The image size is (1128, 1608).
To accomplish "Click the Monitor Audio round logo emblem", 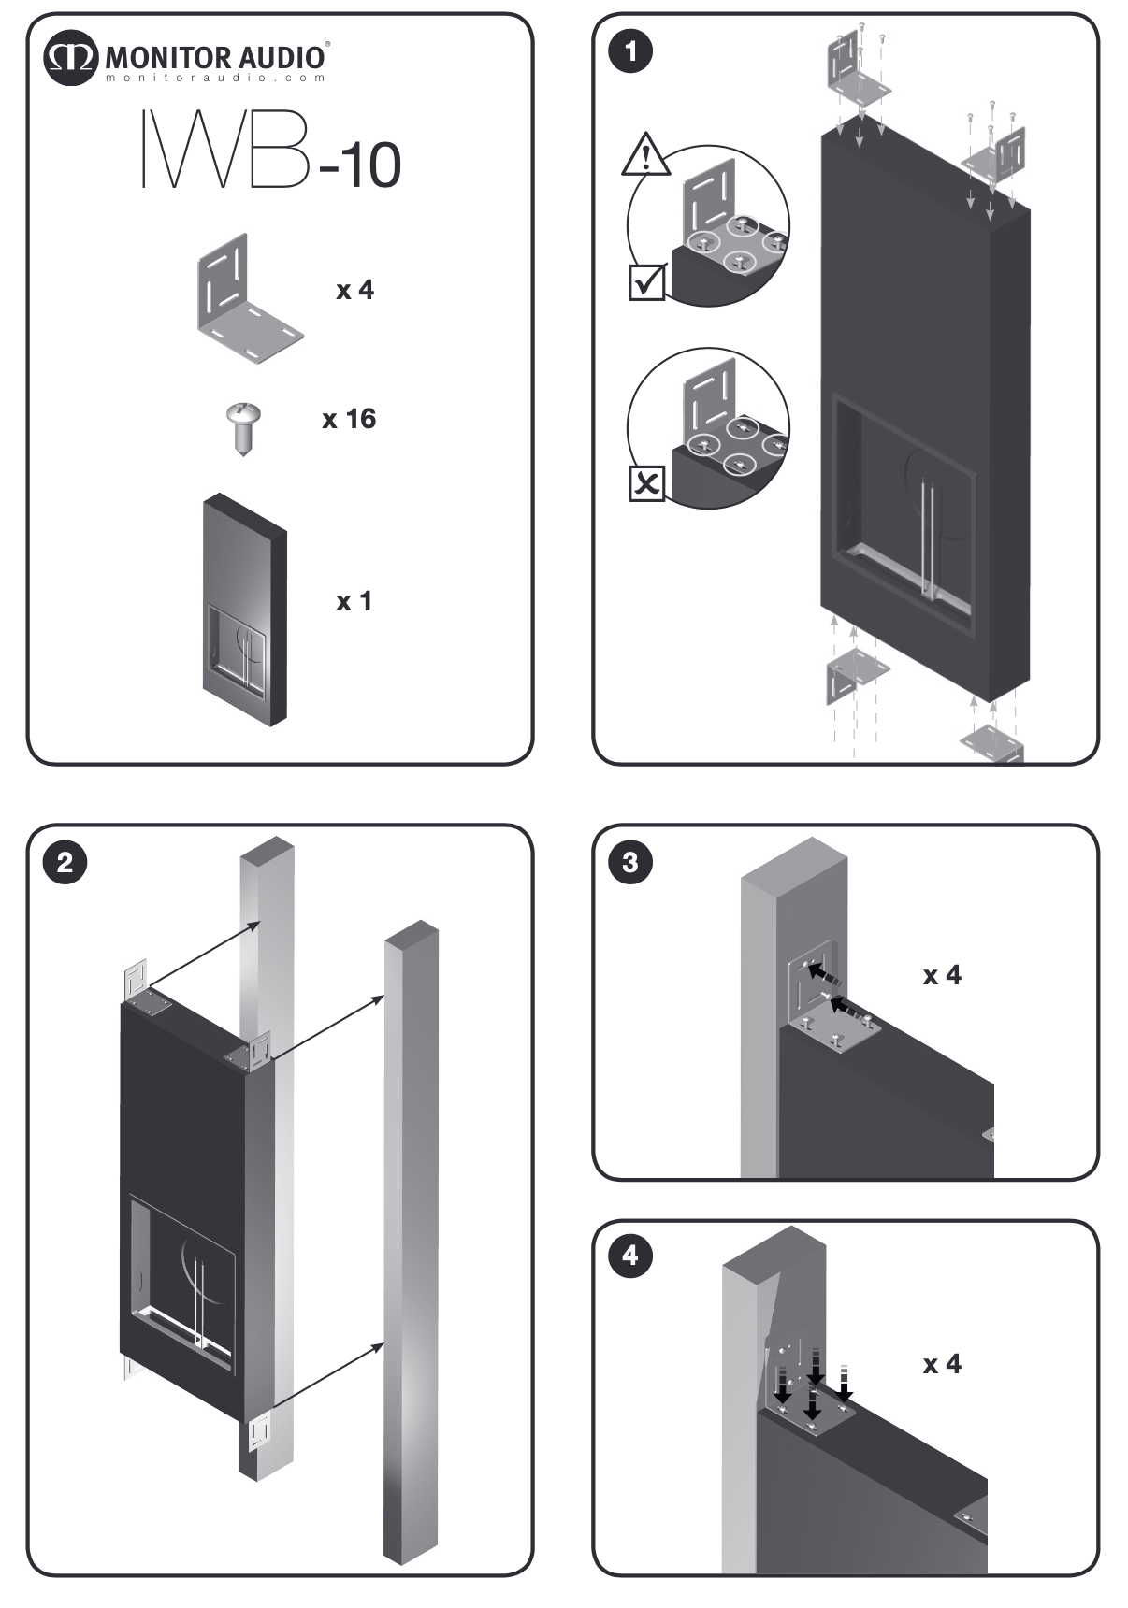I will (x=70, y=58).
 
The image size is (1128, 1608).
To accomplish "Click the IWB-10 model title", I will (x=271, y=151).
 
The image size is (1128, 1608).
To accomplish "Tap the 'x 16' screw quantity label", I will (x=349, y=419).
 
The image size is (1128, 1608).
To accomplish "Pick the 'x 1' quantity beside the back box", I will (x=354, y=601).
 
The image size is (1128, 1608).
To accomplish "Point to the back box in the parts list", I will (x=244, y=610).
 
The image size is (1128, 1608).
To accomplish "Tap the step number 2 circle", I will (x=65, y=861).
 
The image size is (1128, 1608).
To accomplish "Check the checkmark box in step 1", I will (x=646, y=281).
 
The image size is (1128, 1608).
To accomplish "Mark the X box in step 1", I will (x=646, y=483).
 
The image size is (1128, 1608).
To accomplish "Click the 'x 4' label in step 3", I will (x=942, y=976).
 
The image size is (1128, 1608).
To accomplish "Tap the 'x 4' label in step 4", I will (x=942, y=1365).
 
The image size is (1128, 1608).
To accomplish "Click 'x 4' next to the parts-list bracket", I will (x=354, y=290).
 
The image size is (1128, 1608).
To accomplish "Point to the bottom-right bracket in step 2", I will (x=259, y=1432).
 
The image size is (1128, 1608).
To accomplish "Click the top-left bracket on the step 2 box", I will (x=137, y=983).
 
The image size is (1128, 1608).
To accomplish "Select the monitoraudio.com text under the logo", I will (x=215, y=79).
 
